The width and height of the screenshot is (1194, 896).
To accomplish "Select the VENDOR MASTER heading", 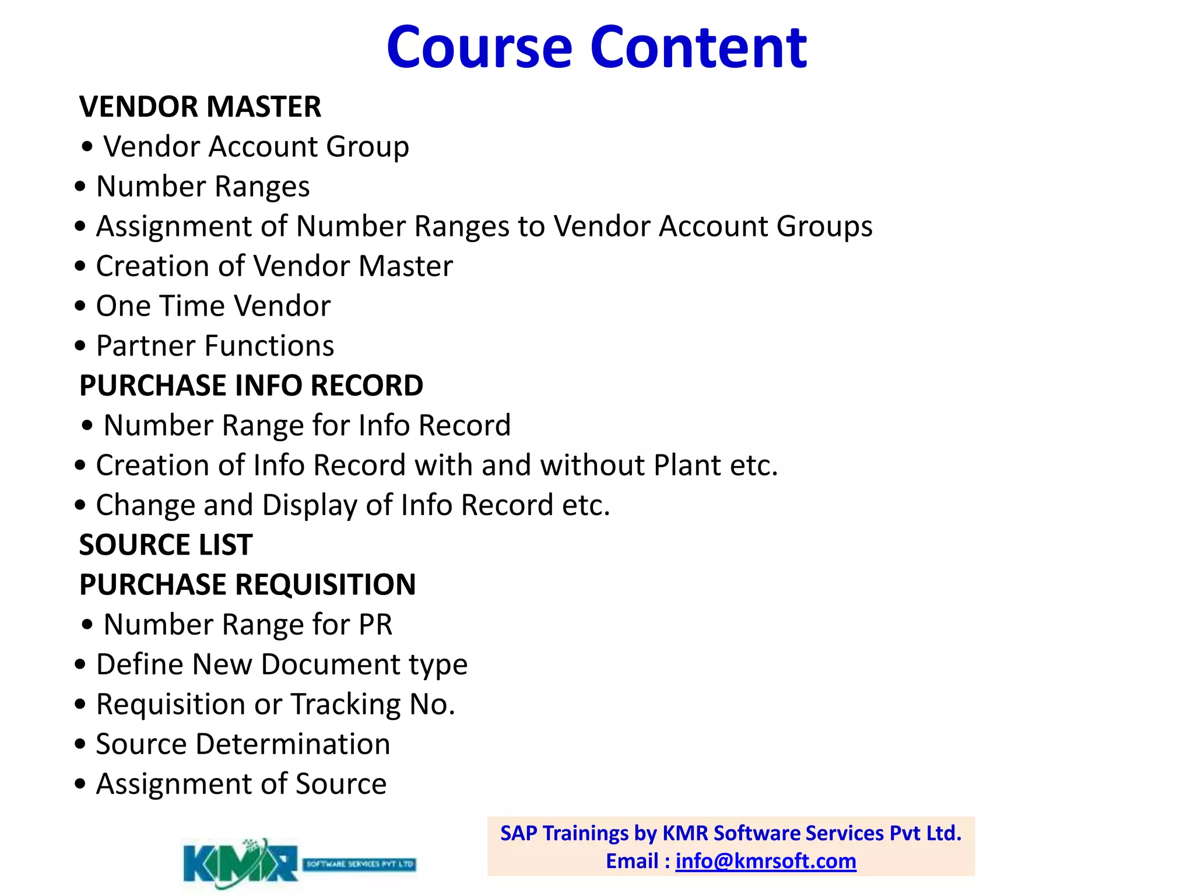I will click(200, 107).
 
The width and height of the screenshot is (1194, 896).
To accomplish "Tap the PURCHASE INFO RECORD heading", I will click(251, 386).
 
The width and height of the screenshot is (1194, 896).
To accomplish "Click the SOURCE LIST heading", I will click(166, 545).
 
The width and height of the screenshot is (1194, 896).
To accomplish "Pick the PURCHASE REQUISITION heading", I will click(248, 584).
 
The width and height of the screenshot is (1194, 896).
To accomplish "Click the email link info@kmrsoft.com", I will click(765, 861).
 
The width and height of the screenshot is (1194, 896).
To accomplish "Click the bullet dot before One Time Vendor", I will click(80, 306).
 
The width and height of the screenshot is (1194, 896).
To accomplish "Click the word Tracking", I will click(346, 704).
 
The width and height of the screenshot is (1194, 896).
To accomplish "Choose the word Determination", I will click(293, 744).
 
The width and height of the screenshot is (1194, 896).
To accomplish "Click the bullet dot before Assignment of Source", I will click(80, 784).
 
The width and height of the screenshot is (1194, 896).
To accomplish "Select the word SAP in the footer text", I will click(518, 833).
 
